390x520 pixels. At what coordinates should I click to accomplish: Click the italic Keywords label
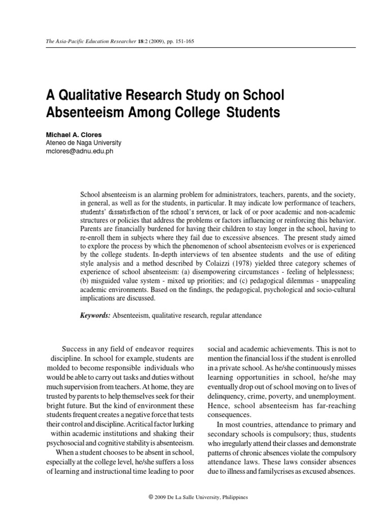pos(95,315)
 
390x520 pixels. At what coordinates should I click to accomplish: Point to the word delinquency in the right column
pos(229,395)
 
